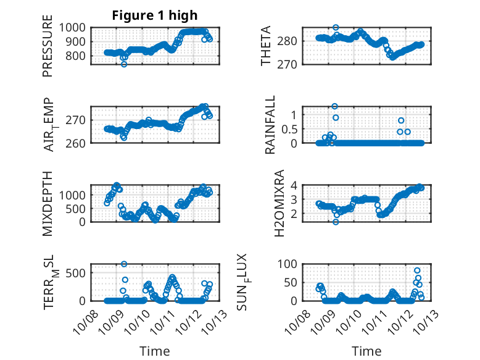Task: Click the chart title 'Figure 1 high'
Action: point(155,15)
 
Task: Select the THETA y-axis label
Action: point(266,46)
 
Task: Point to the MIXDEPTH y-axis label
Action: point(48,203)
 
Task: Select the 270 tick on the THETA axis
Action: point(292,64)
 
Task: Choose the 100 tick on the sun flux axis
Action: point(290,264)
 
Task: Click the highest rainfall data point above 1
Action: point(335,106)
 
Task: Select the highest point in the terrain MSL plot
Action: point(124,264)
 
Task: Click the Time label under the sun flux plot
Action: point(366,351)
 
